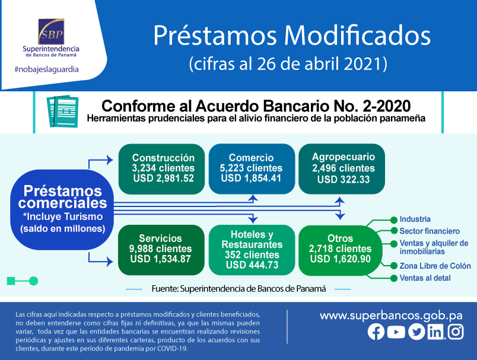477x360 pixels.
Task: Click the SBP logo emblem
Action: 51,31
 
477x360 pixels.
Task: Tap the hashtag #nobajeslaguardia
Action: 46,69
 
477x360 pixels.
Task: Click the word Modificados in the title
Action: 357,36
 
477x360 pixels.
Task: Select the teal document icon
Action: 62,111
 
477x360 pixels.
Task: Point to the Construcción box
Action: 161,169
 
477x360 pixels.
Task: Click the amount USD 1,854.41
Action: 251,178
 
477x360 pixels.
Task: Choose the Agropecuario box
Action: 342,169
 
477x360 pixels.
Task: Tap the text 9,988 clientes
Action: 160,249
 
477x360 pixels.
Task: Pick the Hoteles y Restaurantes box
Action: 252,250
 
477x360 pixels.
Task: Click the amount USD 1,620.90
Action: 341,259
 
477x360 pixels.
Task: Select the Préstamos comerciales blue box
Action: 62,210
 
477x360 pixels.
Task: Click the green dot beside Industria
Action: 394,220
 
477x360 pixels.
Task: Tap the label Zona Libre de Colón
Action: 435,266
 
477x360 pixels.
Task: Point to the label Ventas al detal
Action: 425,278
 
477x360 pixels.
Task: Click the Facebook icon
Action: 376,332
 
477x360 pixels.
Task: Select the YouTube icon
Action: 396,332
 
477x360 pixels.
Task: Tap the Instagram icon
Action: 456,332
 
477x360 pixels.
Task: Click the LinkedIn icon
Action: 436,332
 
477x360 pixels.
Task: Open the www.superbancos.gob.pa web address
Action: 391,316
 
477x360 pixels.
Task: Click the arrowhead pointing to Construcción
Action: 110,160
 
